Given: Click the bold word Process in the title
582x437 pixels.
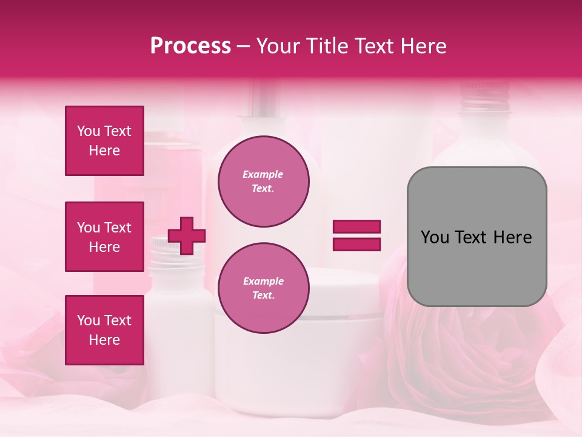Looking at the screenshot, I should [190, 46].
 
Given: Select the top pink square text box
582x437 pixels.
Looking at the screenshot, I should [104, 141].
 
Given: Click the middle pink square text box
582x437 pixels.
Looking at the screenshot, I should [104, 237].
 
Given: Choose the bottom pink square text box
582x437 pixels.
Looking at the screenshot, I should [104, 330].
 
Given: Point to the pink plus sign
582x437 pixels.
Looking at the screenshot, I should [187, 235].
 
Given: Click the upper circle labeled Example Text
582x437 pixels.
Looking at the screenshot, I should [263, 181].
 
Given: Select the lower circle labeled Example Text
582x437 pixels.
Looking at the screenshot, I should [263, 288].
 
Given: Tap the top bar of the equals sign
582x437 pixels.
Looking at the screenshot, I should [356, 226].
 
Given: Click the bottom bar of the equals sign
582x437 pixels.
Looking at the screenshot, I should [356, 244].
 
